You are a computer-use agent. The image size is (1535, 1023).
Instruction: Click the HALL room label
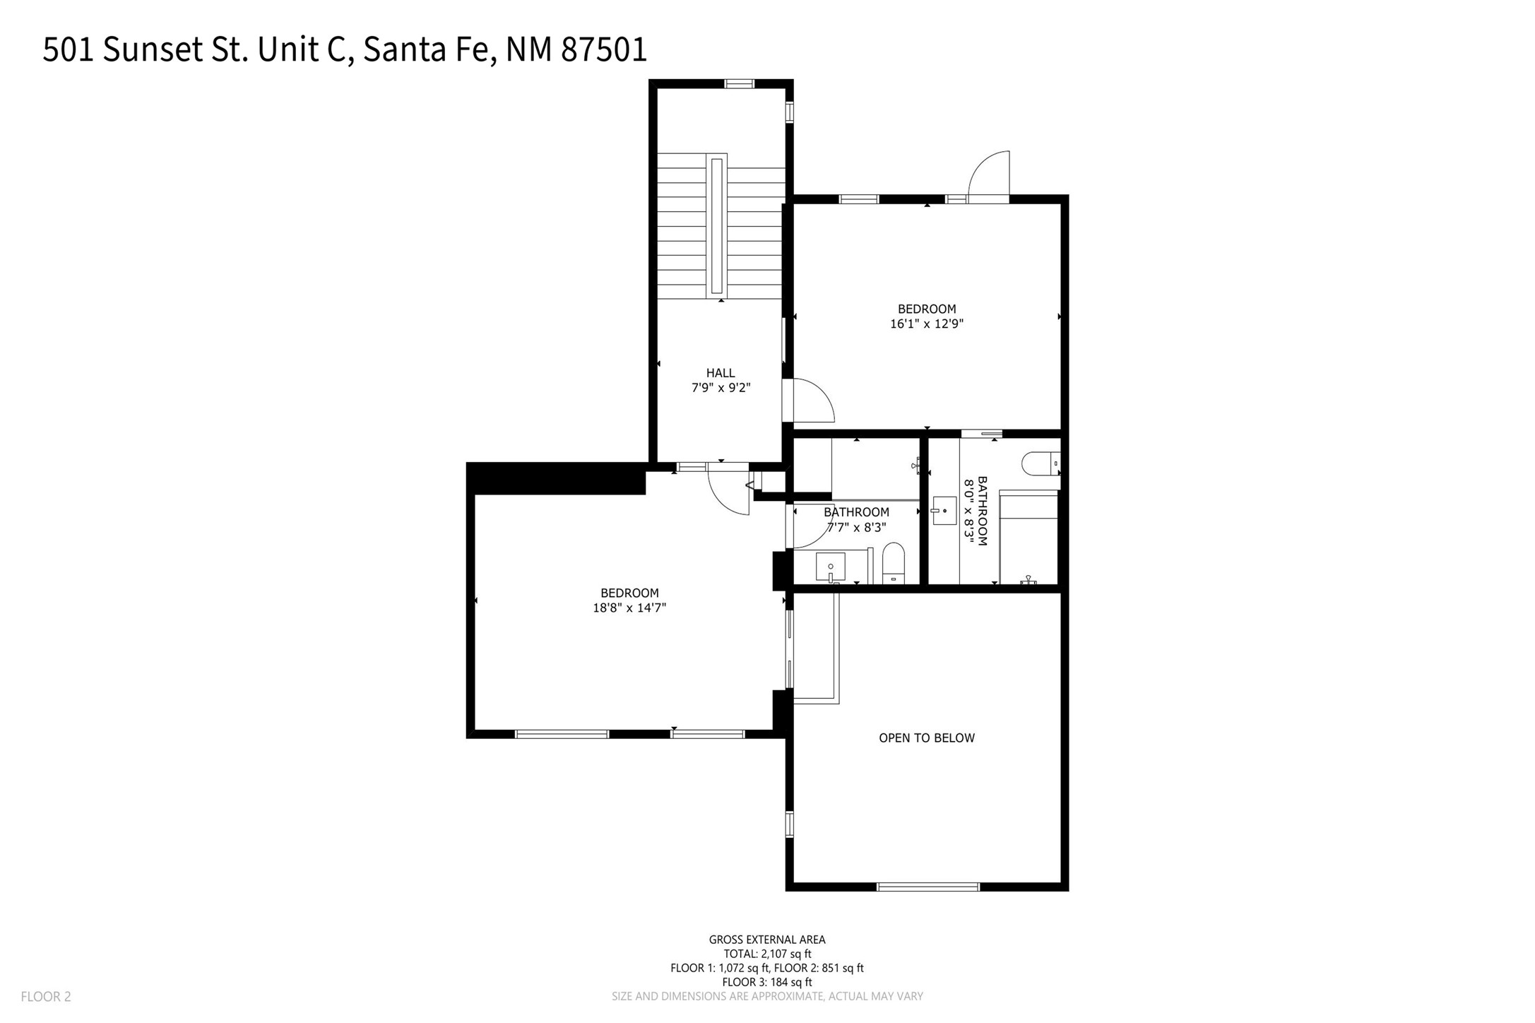click(x=721, y=373)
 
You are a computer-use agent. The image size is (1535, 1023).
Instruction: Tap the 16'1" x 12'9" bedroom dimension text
click(x=927, y=324)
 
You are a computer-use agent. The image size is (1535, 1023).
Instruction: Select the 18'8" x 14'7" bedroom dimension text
click(x=629, y=608)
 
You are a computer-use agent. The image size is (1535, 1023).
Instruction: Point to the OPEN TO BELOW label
click(x=927, y=738)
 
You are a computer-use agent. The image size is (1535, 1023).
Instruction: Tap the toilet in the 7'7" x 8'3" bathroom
click(x=894, y=563)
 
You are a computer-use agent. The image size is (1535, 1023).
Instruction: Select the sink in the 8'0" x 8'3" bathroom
click(x=944, y=510)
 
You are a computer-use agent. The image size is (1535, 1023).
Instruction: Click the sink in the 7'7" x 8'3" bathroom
click(x=831, y=567)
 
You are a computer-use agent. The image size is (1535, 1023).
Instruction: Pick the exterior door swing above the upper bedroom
click(x=988, y=175)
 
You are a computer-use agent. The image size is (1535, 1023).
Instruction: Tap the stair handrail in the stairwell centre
click(x=717, y=226)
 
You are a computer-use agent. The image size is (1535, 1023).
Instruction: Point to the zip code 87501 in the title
click(x=604, y=49)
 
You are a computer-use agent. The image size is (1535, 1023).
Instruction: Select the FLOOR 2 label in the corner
click(x=46, y=997)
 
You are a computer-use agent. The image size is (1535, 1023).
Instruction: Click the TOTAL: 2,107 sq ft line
click(x=767, y=954)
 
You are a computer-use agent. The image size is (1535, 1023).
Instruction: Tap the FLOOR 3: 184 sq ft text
click(x=767, y=982)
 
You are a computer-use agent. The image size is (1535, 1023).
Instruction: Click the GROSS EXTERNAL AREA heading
click(x=767, y=940)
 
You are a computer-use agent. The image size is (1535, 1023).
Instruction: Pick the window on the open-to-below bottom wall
click(x=928, y=887)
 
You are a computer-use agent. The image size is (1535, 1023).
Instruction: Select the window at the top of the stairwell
click(x=740, y=83)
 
